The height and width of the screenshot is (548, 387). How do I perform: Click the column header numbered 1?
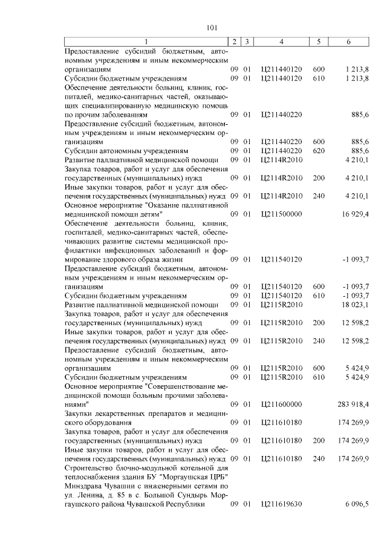pos(146,41)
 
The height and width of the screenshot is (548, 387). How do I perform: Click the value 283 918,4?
pos(352,403)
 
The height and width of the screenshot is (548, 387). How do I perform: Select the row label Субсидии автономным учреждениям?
pos(126,150)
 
